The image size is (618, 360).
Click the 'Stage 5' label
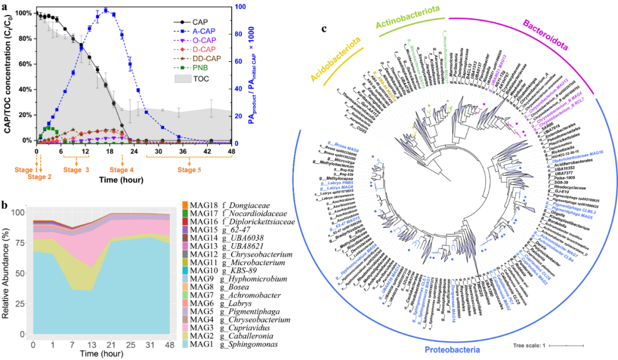191,169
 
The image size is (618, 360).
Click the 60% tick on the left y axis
23,64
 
